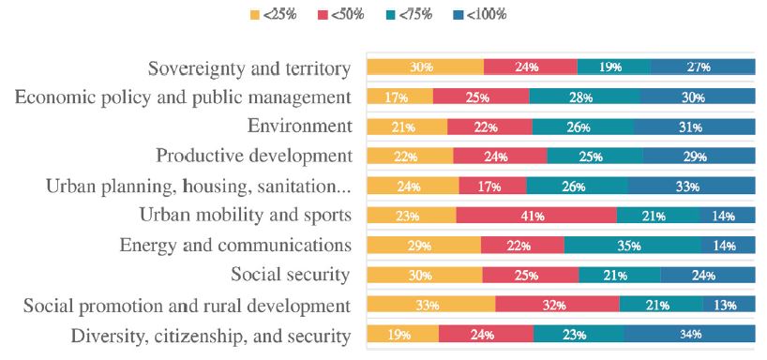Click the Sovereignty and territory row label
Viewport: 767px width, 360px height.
[x=249, y=68]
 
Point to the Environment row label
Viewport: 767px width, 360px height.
[x=299, y=127]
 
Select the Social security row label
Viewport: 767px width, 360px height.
[x=291, y=275]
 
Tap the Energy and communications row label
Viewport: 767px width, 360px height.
[x=235, y=246]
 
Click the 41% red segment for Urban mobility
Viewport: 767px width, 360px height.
[x=536, y=216]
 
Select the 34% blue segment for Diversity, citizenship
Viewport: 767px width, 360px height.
[x=689, y=335]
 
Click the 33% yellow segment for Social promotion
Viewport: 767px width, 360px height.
[x=430, y=305]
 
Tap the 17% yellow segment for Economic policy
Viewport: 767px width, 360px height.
[x=399, y=97]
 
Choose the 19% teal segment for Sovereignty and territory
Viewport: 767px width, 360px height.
[x=613, y=67]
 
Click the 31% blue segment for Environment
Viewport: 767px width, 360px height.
[x=694, y=127]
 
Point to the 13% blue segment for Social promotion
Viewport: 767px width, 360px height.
[x=729, y=305]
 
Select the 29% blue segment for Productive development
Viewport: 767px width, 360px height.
[x=699, y=157]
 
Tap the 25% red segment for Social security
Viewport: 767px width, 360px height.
[x=530, y=275]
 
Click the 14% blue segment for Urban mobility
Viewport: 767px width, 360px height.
[x=727, y=216]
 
